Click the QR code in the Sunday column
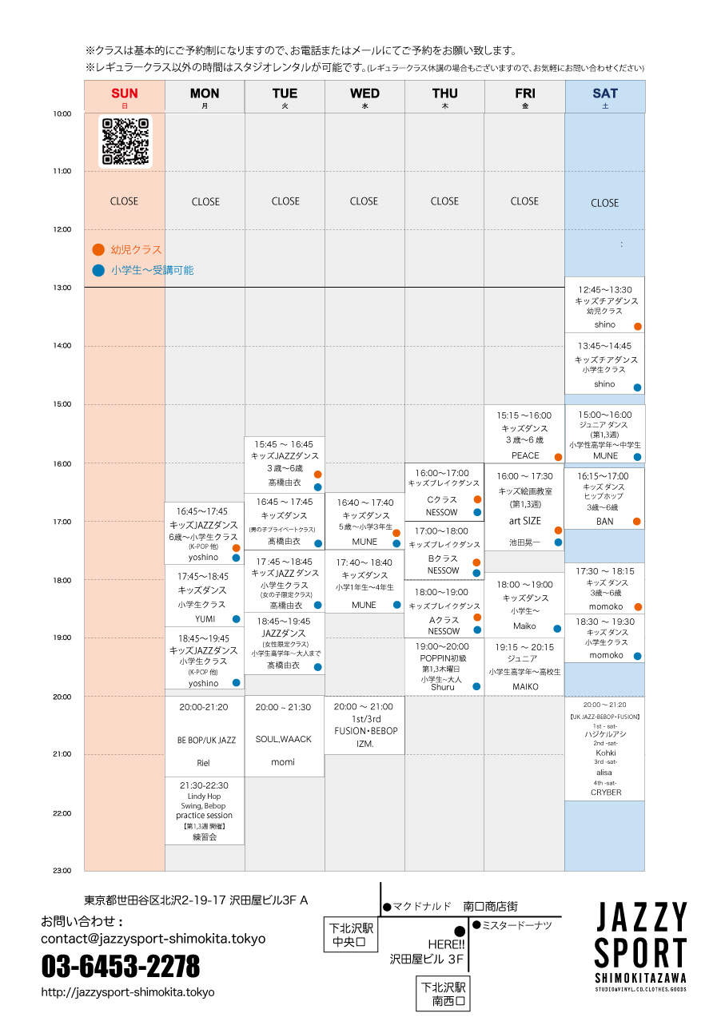click(125, 141)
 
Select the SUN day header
click(125, 93)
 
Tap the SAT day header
click(605, 93)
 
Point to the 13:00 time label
click(62, 288)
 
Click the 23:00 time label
click(62, 870)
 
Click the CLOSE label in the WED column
click(364, 201)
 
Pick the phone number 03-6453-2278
click(121, 967)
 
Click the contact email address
click(153, 939)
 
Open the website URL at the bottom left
click(128, 992)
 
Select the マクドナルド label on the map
click(422, 907)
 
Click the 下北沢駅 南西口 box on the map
click(448, 993)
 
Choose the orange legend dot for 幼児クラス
click(98, 249)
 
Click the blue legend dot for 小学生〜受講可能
click(98, 270)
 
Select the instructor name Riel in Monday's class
click(203, 763)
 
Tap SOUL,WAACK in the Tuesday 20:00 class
click(284, 739)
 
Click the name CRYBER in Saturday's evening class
click(605, 793)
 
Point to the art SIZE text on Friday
click(525, 521)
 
